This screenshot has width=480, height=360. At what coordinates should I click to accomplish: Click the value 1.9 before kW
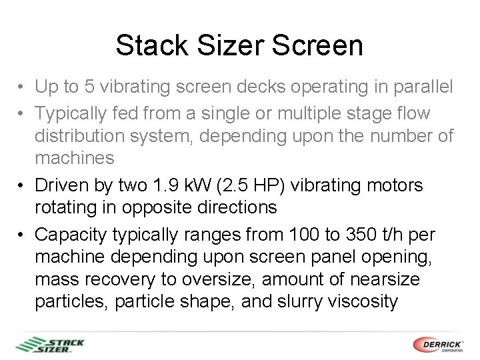tap(162, 185)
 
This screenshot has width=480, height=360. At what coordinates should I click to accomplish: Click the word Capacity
tap(72, 234)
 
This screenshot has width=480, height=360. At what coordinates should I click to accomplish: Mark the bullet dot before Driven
tap(22, 185)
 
